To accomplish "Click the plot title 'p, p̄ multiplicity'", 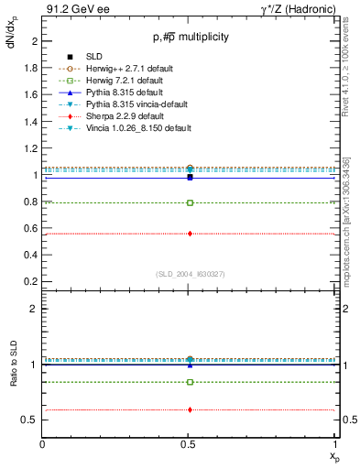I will (x=191, y=38).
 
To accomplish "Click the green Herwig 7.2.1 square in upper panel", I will (x=190, y=202).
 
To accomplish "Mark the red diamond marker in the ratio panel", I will (x=190, y=409).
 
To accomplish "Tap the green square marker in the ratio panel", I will (x=190, y=382).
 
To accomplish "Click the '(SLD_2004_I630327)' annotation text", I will (x=190, y=272).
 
